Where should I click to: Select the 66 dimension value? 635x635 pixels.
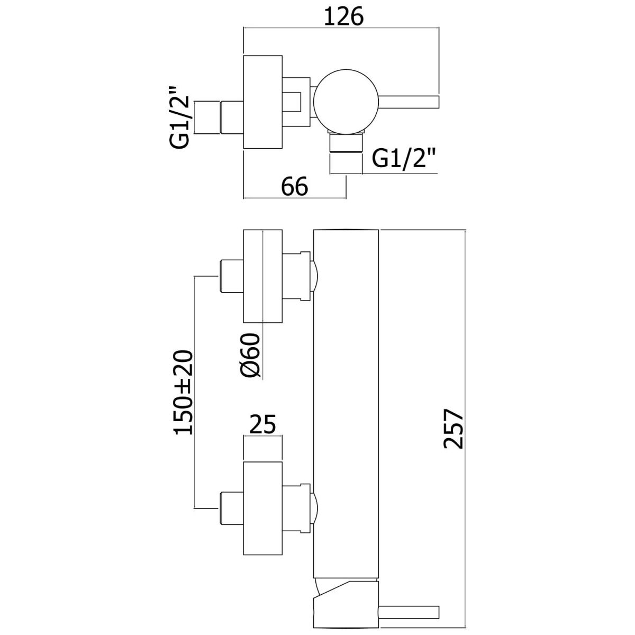[x=295, y=187]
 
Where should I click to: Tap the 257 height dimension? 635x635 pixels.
[x=453, y=428]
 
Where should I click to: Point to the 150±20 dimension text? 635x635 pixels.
[x=183, y=392]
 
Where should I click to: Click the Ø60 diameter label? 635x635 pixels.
[x=251, y=355]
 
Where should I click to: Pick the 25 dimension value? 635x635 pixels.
[x=263, y=425]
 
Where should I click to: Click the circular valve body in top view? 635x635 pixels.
[x=346, y=101]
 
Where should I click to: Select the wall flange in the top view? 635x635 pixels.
[x=262, y=102]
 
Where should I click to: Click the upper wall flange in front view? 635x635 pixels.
[x=262, y=276]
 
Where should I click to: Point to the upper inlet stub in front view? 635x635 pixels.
[x=231, y=276]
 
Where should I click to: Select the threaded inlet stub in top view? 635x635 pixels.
[x=231, y=117]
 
